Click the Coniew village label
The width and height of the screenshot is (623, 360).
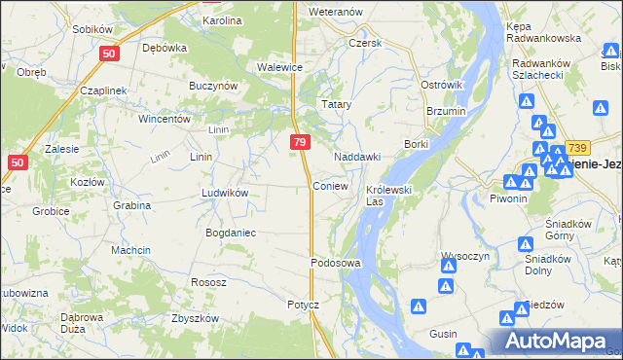[x=330, y=185]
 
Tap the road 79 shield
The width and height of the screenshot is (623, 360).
[x=300, y=143]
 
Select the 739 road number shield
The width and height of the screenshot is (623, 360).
[x=577, y=145]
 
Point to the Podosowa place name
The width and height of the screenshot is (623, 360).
[x=336, y=263]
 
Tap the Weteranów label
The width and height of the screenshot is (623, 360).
[x=335, y=11]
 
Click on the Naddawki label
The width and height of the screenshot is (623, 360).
[x=356, y=157]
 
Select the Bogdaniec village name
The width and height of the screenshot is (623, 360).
[x=230, y=233]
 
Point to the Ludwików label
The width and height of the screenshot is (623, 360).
[x=225, y=193]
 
